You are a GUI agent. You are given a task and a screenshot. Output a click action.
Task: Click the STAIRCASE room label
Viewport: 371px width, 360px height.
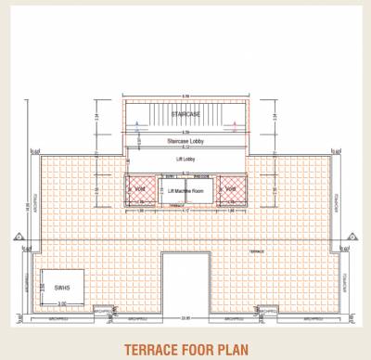185,112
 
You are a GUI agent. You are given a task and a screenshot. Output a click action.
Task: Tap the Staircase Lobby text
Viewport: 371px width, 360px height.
185,141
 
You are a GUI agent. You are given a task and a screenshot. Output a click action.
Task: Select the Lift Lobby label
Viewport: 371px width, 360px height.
185,160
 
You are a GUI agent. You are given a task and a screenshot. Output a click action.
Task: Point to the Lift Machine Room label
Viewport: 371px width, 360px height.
185,188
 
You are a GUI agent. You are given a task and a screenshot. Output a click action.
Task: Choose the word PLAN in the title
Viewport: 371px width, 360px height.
237,350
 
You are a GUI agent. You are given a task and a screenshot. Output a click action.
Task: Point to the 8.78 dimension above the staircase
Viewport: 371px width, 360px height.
185,96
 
